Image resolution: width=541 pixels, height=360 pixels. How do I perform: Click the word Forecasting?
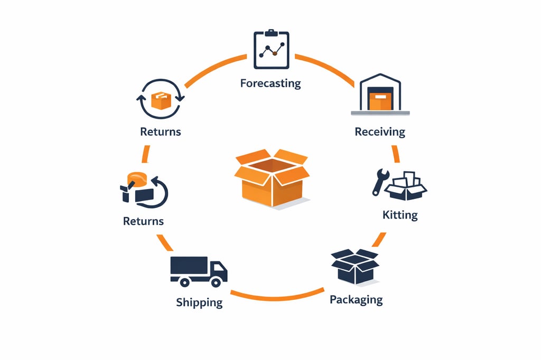[270, 83]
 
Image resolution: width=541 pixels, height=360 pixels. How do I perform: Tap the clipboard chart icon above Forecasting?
[272, 50]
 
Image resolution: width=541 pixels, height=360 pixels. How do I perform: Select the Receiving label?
[380, 131]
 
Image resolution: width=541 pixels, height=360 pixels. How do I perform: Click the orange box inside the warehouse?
[380, 101]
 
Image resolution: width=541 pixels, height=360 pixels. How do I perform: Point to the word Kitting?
[400, 215]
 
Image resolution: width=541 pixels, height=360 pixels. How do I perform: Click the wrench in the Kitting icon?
[379, 182]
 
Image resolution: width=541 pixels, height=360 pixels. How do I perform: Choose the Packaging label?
[356, 300]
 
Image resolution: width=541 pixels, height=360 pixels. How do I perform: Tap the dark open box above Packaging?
[355, 267]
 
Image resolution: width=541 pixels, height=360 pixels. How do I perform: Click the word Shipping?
[199, 302]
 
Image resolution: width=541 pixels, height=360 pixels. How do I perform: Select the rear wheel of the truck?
[184, 282]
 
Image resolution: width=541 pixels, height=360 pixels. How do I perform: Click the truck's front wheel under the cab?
[216, 282]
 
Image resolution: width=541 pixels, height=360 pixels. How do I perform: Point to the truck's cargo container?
[189, 266]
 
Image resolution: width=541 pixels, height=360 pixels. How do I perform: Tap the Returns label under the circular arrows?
[161, 131]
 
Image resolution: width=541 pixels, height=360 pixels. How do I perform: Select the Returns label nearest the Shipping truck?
[143, 221]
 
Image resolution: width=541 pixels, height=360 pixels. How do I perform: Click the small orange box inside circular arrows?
[161, 100]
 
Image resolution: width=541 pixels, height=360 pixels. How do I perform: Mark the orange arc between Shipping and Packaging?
[277, 297]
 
